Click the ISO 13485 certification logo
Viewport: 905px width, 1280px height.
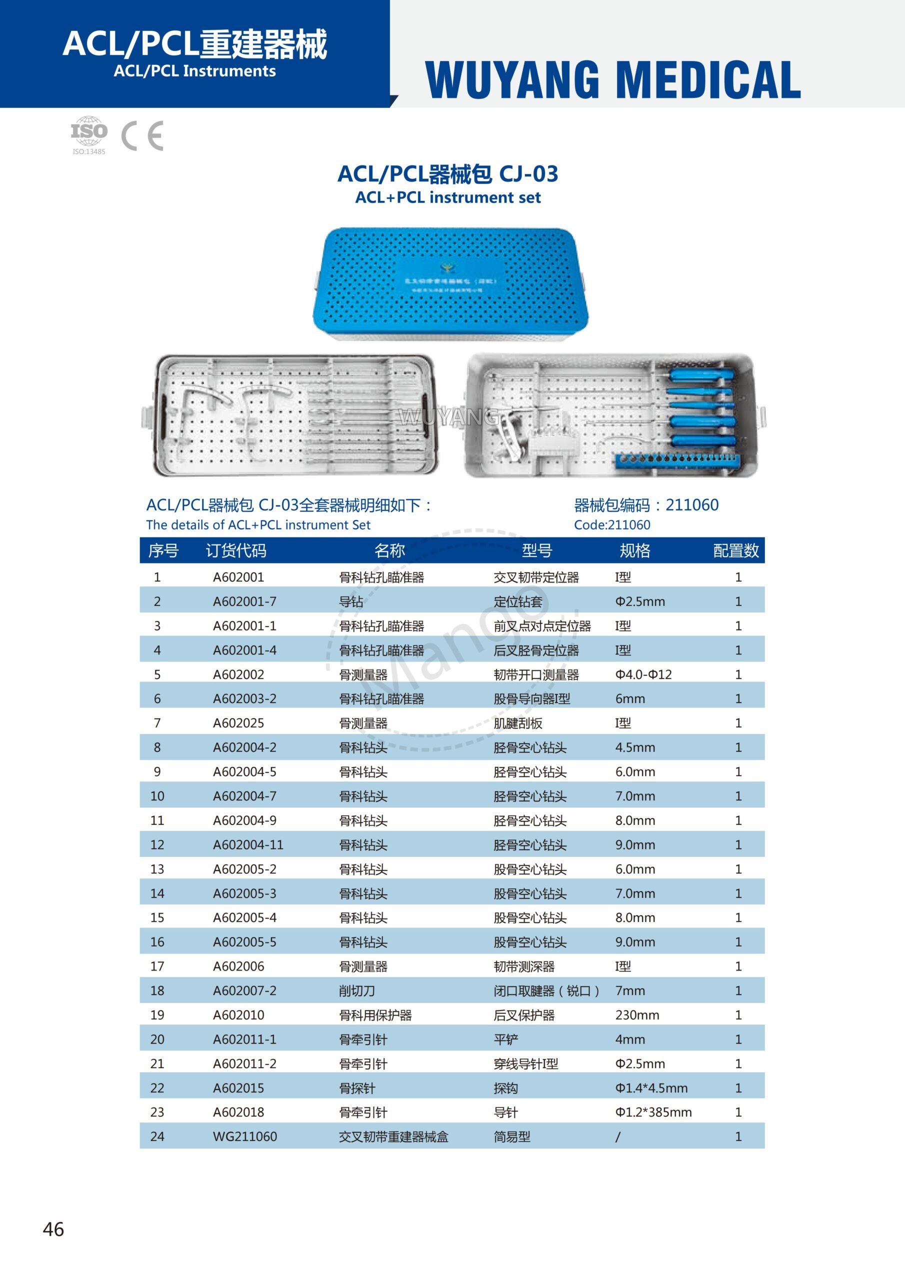(88, 134)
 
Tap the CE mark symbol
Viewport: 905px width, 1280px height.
(142, 135)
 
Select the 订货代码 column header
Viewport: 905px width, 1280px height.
(235, 551)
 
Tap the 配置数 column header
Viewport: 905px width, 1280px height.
(735, 551)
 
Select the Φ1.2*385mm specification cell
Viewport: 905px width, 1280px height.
(653, 1112)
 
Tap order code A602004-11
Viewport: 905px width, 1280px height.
(247, 844)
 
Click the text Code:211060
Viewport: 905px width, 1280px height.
(611, 524)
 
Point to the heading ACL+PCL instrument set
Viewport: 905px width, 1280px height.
(448, 197)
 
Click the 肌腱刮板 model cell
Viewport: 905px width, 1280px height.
(517, 723)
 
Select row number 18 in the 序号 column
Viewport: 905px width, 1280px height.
(157, 990)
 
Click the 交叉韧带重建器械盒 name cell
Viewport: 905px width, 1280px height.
(393, 1136)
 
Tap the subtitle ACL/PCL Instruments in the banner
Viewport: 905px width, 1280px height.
(194, 71)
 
